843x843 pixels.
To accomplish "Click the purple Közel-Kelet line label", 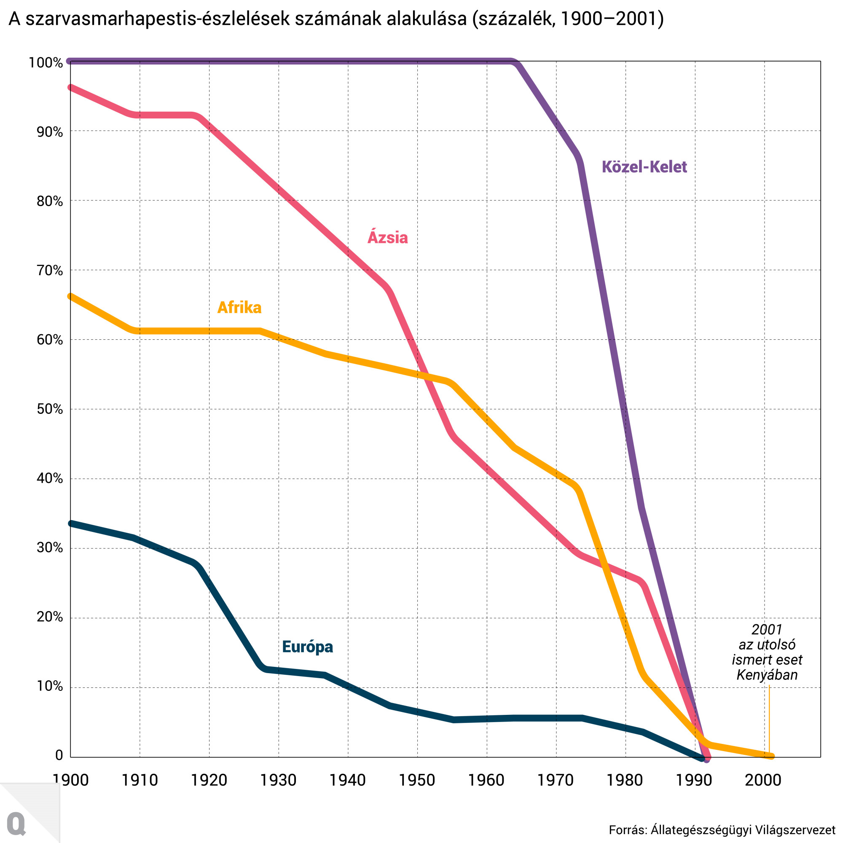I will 644,167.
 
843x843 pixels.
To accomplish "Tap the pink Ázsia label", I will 387,237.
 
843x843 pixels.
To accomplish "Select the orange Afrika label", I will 239,308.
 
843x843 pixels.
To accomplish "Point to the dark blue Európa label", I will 307,646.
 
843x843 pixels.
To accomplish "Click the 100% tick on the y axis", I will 46,63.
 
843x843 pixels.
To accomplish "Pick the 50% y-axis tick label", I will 50,409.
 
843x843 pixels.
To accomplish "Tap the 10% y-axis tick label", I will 50,686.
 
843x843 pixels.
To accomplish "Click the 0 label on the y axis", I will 59,755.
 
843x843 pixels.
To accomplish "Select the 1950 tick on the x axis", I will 417,780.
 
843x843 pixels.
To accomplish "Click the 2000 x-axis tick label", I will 763,780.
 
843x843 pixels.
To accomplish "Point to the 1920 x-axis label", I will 209,780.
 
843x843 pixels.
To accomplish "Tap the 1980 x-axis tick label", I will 625,780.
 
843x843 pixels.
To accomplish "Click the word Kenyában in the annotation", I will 767,675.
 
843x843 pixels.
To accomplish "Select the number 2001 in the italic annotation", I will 767,630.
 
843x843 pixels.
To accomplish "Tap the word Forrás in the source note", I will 628,830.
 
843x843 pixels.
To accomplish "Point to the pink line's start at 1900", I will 71,87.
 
